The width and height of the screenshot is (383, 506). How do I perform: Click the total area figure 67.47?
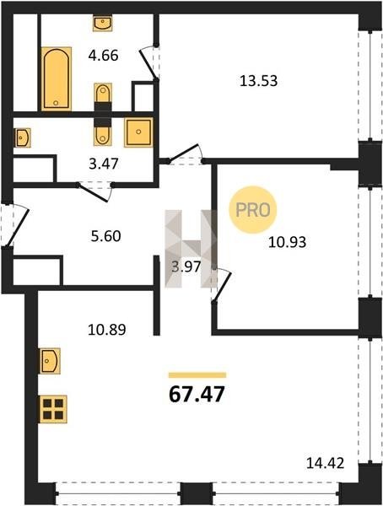pos(197,394)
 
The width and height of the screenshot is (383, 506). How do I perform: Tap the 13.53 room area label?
pos(258,81)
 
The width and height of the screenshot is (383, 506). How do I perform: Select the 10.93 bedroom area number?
pos(287,242)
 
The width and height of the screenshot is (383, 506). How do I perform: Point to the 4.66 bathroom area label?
pos(103,56)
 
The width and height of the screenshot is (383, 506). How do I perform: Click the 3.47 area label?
pos(104,164)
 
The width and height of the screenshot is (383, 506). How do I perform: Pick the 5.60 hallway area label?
pos(106,236)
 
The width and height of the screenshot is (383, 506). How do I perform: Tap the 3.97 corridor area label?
pos(186,266)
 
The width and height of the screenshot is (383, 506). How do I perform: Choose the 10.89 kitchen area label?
pos(107,330)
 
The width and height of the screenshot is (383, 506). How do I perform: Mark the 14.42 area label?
pos(325,464)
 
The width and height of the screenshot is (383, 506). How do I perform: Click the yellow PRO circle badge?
pos(253,210)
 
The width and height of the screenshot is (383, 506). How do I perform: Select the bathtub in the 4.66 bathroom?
pos(57,78)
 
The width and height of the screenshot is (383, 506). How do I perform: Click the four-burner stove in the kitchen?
pos(53,409)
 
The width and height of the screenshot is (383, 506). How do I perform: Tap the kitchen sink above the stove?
pos(50,361)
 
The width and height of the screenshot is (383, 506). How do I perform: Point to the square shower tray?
pos(138,132)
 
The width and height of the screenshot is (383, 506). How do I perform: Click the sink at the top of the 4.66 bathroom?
pos(102,23)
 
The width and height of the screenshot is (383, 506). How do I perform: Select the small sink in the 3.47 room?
pos(22,137)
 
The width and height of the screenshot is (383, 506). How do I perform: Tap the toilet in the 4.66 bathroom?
pos(103,93)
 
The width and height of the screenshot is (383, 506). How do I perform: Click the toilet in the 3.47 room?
pos(103,135)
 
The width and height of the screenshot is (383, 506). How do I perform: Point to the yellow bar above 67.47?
pos(197,375)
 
